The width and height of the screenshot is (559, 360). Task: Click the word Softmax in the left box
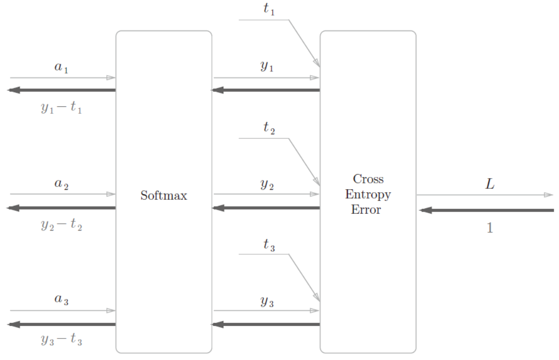pos(163,196)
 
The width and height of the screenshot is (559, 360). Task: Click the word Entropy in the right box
pos(368,195)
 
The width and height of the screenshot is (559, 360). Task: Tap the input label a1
pos(61,68)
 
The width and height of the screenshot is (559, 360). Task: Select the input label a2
pos(61,184)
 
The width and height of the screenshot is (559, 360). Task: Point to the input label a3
pos(61,300)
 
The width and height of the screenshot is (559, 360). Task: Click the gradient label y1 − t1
pos(61,108)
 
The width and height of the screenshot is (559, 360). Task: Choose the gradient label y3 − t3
pos(61,340)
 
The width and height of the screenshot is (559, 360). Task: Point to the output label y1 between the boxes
pos(267,67)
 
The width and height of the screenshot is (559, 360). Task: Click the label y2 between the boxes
pos(267,184)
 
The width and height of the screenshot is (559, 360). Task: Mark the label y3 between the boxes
pos(267,301)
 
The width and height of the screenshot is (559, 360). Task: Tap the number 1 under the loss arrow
pos(490,228)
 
